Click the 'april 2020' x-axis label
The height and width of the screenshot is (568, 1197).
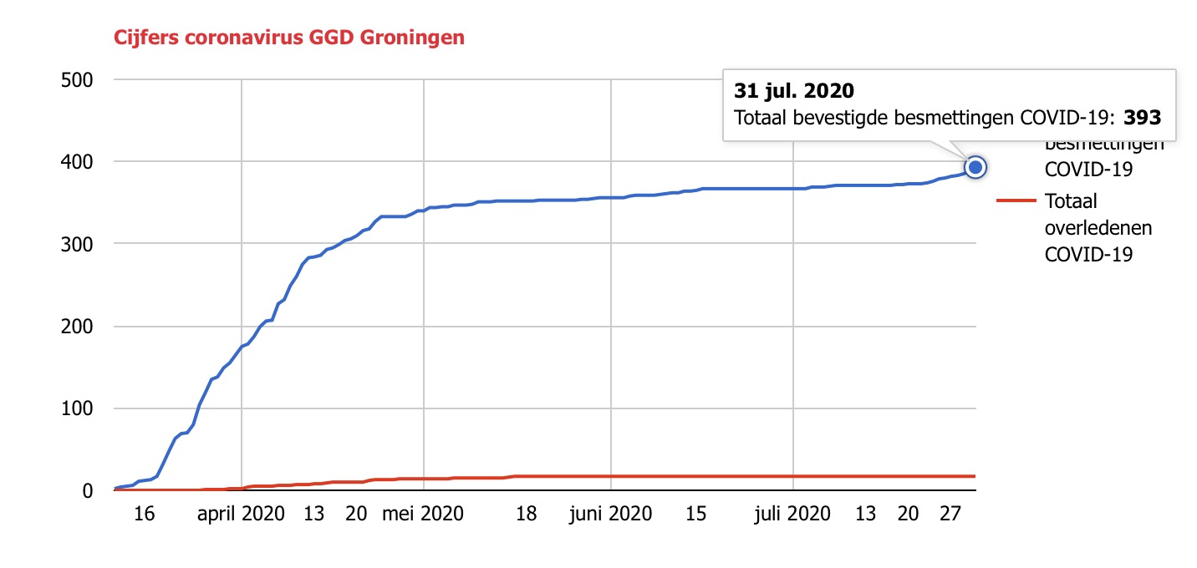242,514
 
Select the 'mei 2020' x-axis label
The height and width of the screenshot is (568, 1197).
423,514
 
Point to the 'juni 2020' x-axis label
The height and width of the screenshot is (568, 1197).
610,514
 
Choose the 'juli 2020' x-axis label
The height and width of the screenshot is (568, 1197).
792,514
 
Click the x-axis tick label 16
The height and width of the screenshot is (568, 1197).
145,514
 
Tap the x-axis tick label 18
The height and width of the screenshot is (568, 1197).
526,514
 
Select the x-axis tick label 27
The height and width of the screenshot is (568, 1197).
950,514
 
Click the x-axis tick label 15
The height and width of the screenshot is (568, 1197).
695,514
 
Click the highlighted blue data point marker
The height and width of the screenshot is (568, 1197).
975,168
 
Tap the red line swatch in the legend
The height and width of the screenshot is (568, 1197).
1016,201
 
